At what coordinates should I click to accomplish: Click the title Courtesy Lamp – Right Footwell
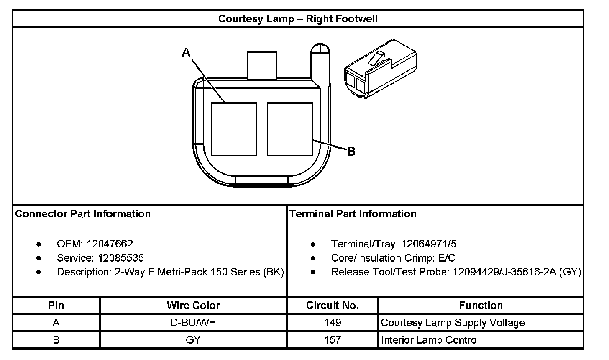pyautogui.click(x=298, y=19)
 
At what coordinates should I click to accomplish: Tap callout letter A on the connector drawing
pyautogui.click(x=186, y=53)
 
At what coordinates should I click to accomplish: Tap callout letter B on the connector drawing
pyautogui.click(x=351, y=151)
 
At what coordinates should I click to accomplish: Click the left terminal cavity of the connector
pyautogui.click(x=233, y=129)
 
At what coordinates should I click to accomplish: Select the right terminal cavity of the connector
pyautogui.click(x=289, y=129)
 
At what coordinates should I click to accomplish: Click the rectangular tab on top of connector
pyautogui.click(x=262, y=65)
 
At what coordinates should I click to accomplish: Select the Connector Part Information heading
pyautogui.click(x=83, y=214)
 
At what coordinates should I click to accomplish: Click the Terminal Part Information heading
pyautogui.click(x=353, y=214)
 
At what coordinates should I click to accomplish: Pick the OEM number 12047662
pyautogui.click(x=110, y=244)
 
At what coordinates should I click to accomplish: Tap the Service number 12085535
pyautogui.click(x=121, y=258)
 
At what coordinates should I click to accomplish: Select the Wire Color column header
pyautogui.click(x=193, y=306)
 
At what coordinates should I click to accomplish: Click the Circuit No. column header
pyautogui.click(x=333, y=306)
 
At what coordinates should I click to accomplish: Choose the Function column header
pyautogui.click(x=481, y=306)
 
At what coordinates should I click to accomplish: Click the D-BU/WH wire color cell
pyautogui.click(x=193, y=323)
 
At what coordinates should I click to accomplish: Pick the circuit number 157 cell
pyautogui.click(x=333, y=340)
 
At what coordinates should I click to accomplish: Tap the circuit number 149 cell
pyautogui.click(x=333, y=323)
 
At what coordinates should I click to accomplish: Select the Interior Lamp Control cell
pyautogui.click(x=430, y=340)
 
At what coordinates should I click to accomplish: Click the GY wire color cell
pyautogui.click(x=193, y=340)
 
